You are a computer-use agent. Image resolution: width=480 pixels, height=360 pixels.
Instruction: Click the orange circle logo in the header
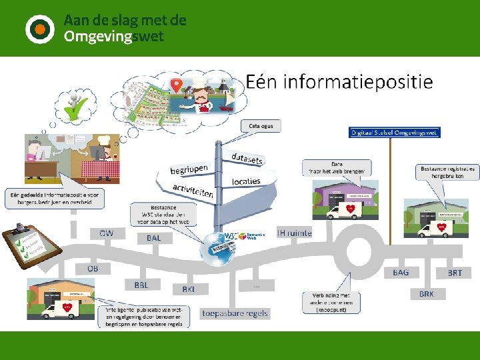39,29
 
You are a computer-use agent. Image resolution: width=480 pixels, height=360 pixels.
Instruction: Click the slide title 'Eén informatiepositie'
339,82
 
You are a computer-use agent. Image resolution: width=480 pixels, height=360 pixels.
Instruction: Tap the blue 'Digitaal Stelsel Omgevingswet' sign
395,133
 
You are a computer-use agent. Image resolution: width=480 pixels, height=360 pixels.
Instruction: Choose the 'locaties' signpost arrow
247,181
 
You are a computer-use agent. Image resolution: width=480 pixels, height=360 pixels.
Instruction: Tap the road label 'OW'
107,233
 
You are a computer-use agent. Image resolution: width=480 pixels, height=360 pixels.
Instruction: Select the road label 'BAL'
153,238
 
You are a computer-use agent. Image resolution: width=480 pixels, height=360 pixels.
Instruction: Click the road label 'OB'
93,268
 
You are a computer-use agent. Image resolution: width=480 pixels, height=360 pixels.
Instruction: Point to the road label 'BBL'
141,285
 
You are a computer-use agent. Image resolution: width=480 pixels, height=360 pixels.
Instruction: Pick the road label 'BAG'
401,272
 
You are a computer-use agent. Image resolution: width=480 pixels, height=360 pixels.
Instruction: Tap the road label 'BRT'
455,273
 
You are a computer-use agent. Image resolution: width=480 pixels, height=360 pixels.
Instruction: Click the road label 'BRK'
427,293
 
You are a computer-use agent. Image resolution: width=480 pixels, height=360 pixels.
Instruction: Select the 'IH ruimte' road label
294,233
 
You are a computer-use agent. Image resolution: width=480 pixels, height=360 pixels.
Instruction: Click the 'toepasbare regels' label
235,313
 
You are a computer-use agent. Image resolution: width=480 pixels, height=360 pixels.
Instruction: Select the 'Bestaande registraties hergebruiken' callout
447,172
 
